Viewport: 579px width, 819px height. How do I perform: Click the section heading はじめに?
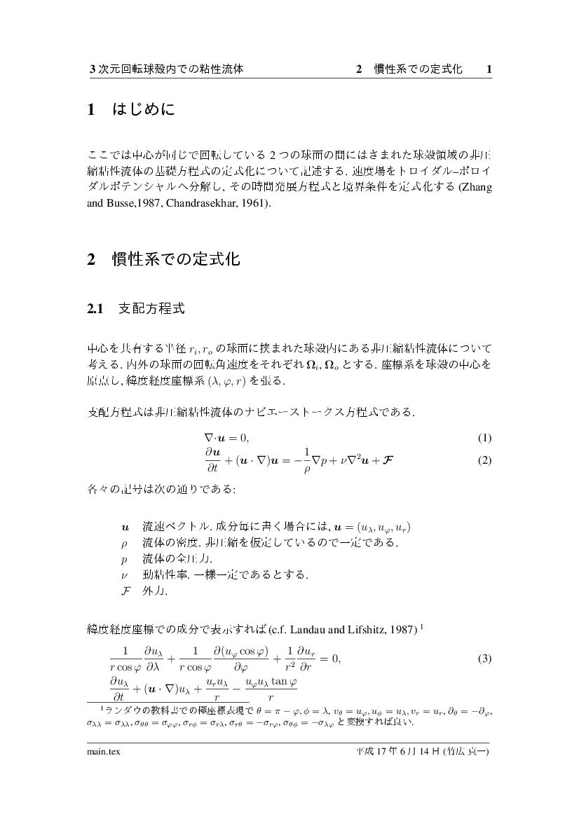(142, 110)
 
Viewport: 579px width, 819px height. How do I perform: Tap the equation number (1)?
(484, 439)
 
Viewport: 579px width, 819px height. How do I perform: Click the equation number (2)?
(484, 462)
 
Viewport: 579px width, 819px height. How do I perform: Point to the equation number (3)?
(484, 659)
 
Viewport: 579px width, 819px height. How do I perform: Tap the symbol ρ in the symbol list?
(124, 542)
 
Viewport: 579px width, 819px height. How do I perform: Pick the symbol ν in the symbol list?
(124, 574)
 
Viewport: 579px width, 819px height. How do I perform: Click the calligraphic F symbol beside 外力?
(125, 591)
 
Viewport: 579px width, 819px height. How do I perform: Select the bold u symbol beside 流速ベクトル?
(125, 526)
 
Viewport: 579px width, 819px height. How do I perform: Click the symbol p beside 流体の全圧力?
(124, 558)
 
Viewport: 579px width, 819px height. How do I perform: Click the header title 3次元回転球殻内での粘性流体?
(167, 69)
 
